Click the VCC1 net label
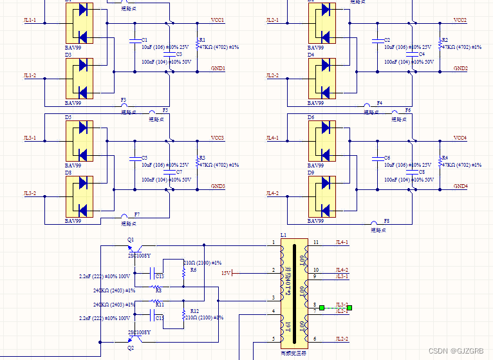pos(218,21)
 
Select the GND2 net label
pos(460,68)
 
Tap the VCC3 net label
pos(218,138)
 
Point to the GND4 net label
pos(460,186)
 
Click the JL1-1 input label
pos(30,21)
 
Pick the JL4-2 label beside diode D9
pos(273,193)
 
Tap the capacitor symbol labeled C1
pos(133,40)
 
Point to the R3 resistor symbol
pos(198,161)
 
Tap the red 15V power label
pos(226,273)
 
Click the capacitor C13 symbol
pos(154,276)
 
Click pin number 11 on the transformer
pos(316,242)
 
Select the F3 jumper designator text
pos(124,100)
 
